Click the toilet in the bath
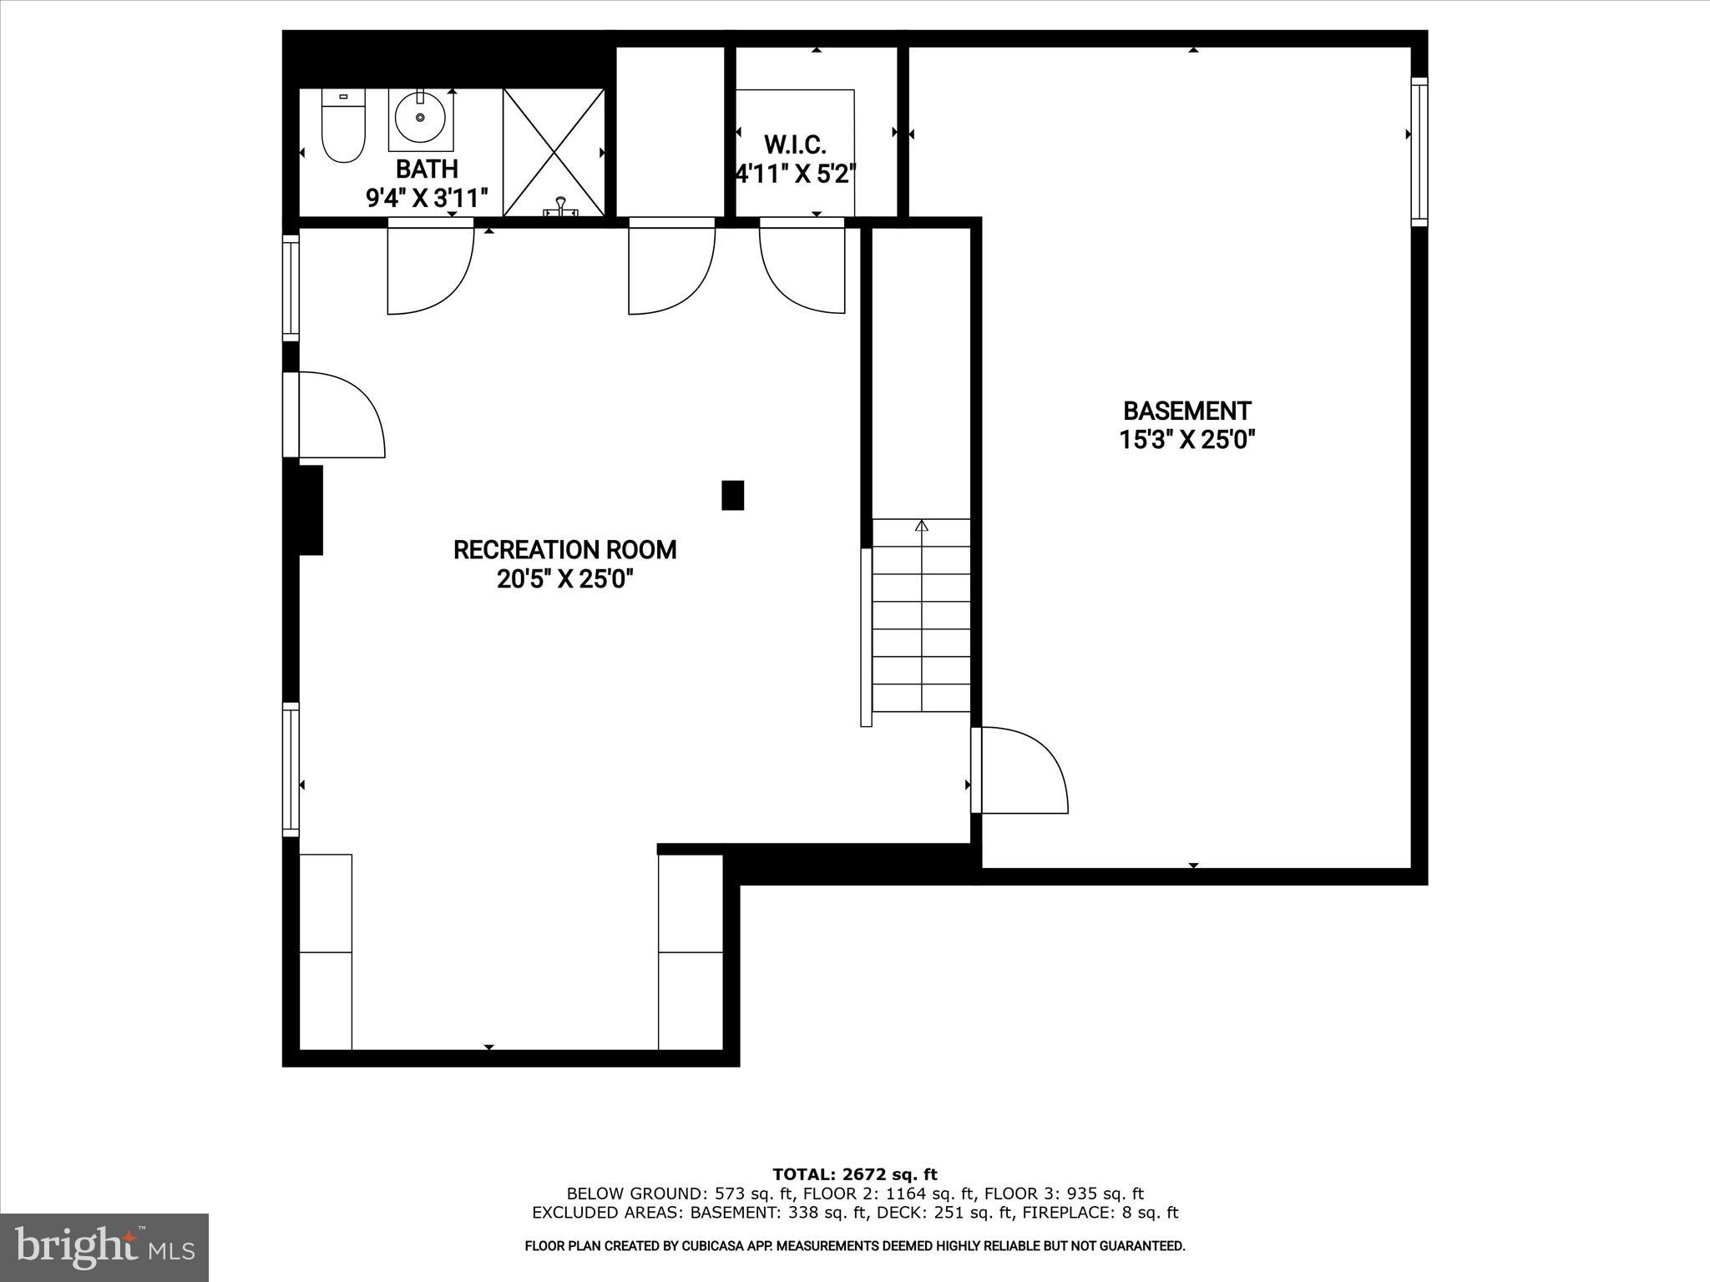[343, 129]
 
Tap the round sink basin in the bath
[420, 118]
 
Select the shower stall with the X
[554, 152]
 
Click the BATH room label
[427, 169]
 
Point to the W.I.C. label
[795, 145]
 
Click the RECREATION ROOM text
[564, 550]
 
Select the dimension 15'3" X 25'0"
[1187, 440]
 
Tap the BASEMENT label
[1186, 411]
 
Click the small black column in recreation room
[732, 495]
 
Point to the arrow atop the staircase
[922, 526]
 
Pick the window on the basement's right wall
[1419, 151]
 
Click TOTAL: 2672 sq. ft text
[855, 1175]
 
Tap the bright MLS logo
[104, 1247]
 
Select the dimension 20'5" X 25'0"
[565, 579]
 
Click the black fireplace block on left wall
[310, 510]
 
